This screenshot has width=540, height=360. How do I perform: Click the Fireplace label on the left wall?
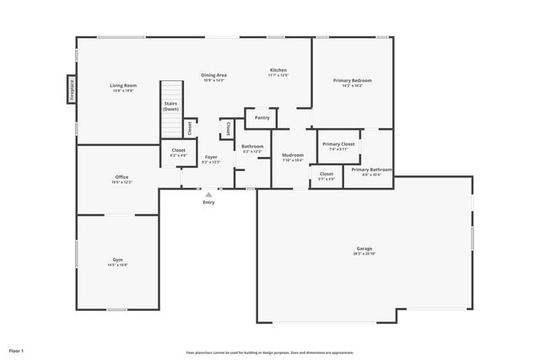[x=72, y=88]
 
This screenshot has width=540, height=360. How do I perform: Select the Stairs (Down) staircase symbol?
[x=171, y=108]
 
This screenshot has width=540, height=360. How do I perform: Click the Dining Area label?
[x=213, y=75]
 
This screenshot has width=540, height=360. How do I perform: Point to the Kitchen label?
[x=278, y=69]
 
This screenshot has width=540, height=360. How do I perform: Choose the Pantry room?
[x=262, y=118]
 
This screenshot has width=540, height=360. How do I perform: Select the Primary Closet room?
[x=338, y=144]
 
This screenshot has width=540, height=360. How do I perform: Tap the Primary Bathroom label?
[x=371, y=169]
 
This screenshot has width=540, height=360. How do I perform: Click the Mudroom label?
[x=293, y=155]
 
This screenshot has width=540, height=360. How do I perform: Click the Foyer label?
[x=211, y=157]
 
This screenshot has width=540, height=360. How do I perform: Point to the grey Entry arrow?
[x=208, y=194]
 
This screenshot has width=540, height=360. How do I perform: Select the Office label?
[x=121, y=176]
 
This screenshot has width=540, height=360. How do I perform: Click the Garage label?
[x=364, y=248]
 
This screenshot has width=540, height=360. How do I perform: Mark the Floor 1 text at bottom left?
[x=17, y=350]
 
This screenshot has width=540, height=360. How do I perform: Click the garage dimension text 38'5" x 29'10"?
[x=364, y=254]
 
